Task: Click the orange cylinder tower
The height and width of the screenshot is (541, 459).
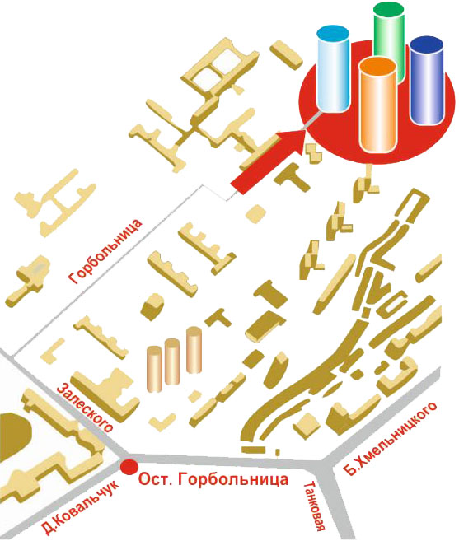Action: (x=377, y=105)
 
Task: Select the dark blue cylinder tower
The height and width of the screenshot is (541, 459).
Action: (x=427, y=80)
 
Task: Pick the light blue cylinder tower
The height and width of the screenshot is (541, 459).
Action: (x=333, y=68)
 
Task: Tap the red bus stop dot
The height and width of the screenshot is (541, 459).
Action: (x=129, y=467)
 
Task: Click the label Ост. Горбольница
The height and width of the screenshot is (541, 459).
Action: (x=213, y=479)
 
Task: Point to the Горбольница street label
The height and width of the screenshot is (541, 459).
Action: (x=105, y=251)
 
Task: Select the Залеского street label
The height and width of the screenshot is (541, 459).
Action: (x=85, y=407)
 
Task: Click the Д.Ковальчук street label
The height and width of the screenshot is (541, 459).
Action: (x=80, y=506)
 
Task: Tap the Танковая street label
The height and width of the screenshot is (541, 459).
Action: (x=315, y=511)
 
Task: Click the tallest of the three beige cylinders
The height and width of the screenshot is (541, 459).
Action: (x=194, y=350)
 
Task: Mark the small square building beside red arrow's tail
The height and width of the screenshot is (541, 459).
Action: (x=256, y=214)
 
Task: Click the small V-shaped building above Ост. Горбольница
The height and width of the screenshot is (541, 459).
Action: (x=162, y=422)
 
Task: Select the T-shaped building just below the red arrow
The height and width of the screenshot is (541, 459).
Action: (x=293, y=177)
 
